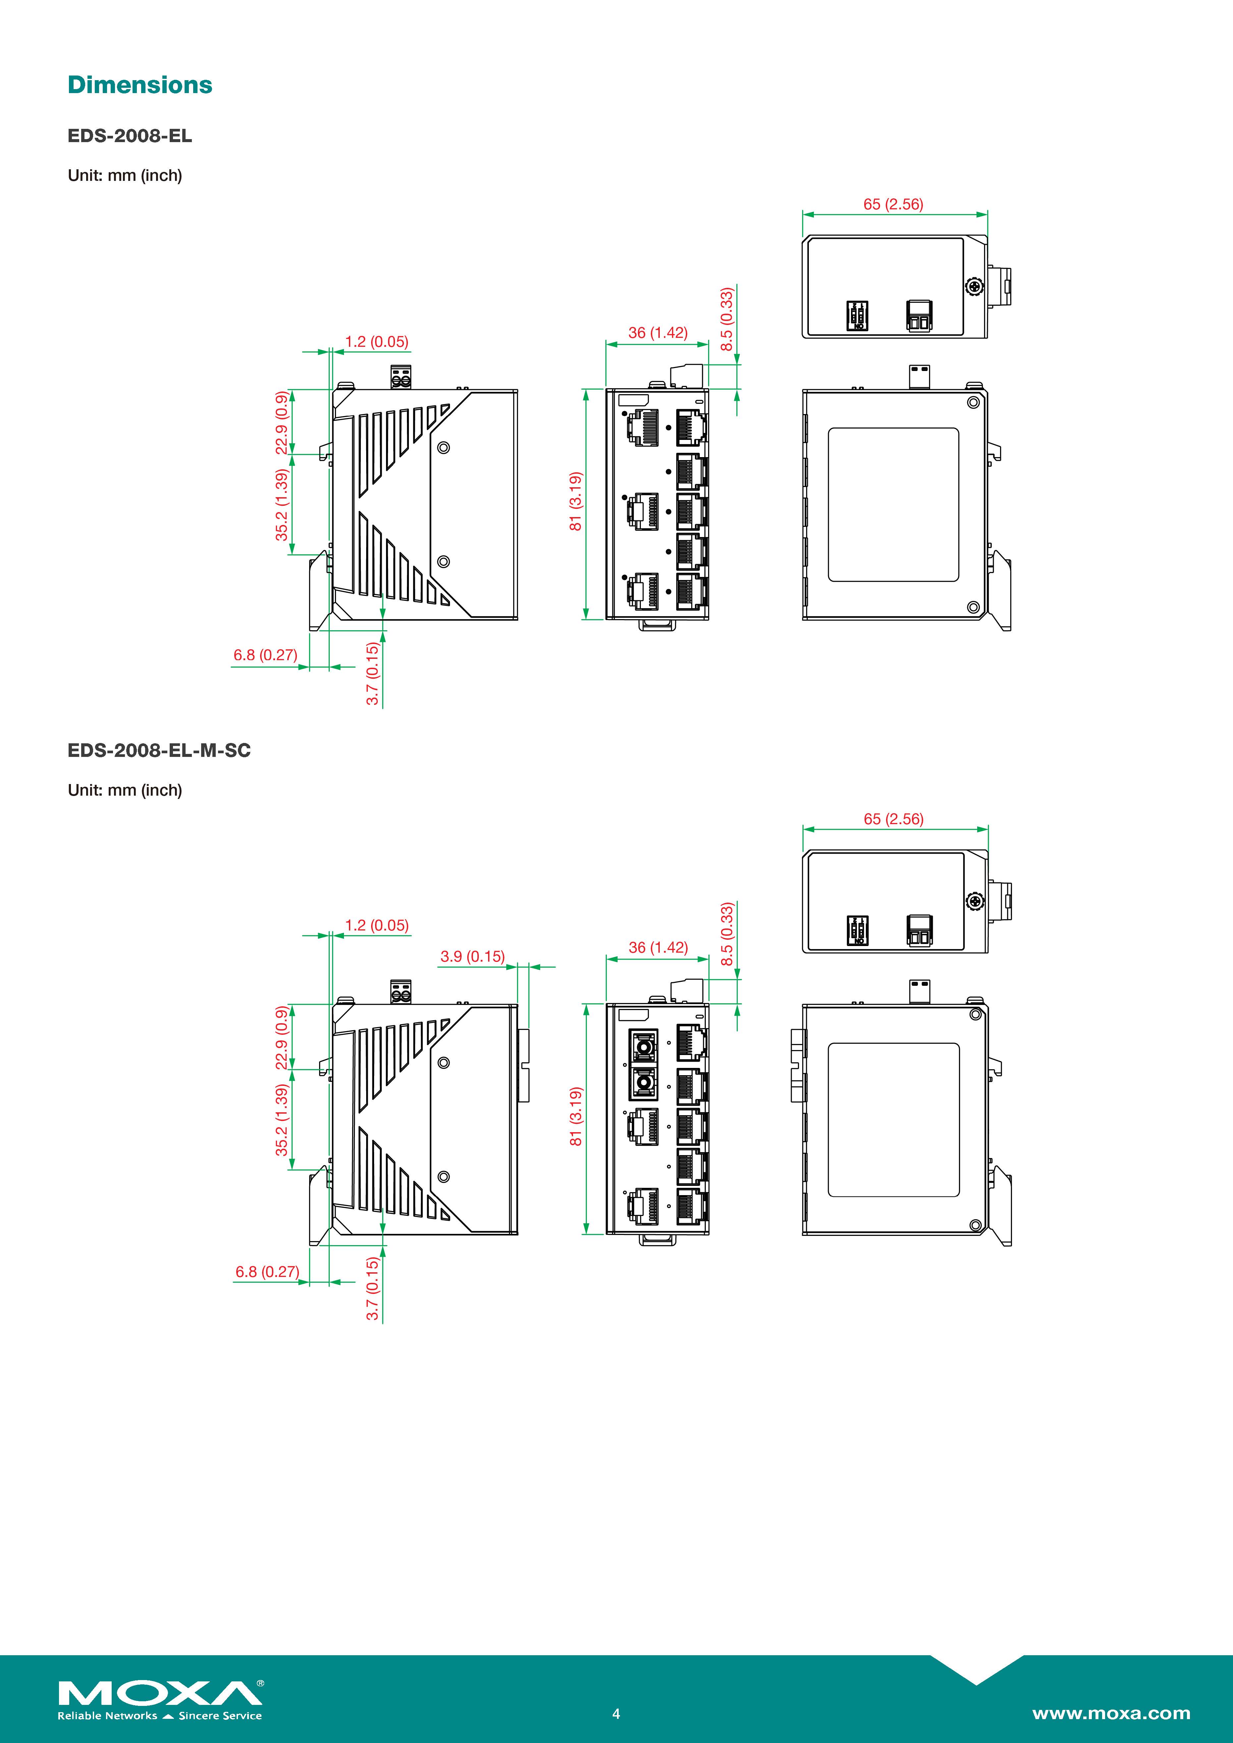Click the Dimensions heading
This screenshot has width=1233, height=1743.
140,85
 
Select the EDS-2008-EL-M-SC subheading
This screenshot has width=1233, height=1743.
159,750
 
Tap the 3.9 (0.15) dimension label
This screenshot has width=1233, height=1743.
472,957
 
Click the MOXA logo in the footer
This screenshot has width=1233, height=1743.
160,1694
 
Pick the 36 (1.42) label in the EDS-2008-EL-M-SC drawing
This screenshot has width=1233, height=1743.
658,947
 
